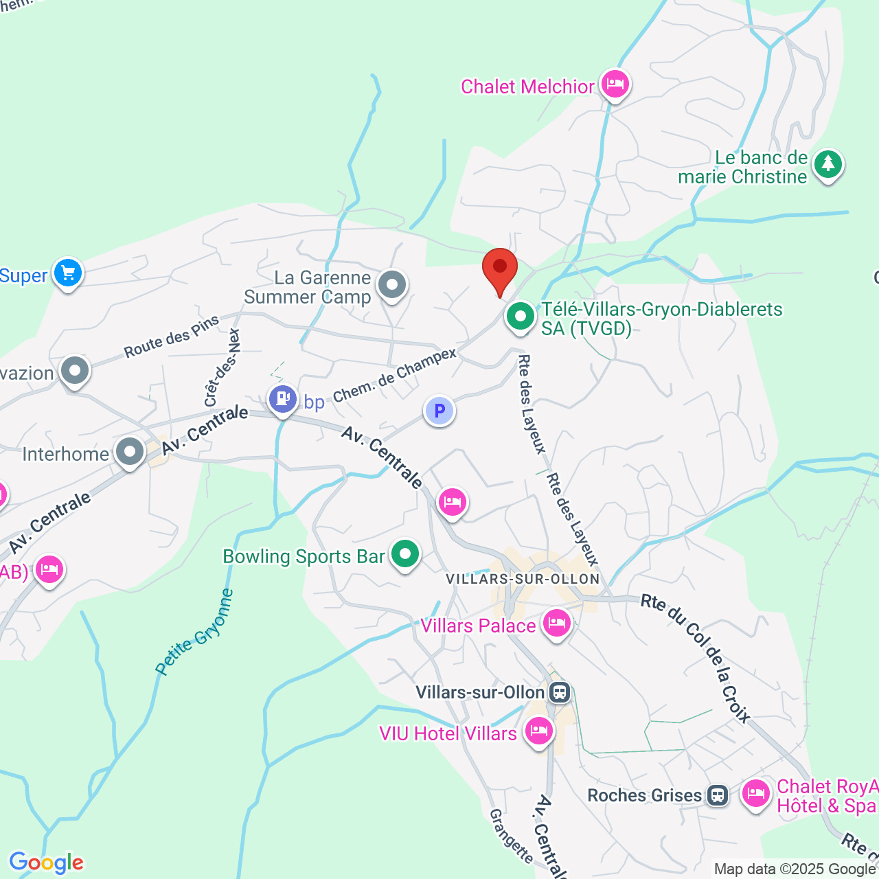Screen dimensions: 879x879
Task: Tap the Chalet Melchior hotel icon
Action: pyautogui.click(x=615, y=84)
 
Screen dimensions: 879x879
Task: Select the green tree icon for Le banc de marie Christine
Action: pyautogui.click(x=827, y=165)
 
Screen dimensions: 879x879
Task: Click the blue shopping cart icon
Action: pyautogui.click(x=67, y=273)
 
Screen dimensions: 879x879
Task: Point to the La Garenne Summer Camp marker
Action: pyautogui.click(x=392, y=284)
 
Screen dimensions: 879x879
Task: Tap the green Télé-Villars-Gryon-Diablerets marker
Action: pyautogui.click(x=520, y=317)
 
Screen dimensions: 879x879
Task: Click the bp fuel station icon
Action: pyautogui.click(x=282, y=398)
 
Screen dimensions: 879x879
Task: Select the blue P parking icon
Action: pyautogui.click(x=439, y=411)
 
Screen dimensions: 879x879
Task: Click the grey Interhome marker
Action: pyautogui.click(x=130, y=452)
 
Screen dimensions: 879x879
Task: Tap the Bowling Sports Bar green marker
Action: pyautogui.click(x=404, y=553)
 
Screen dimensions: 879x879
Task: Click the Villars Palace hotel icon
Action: pyautogui.click(x=556, y=624)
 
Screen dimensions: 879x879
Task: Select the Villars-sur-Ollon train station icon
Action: pyautogui.click(x=560, y=692)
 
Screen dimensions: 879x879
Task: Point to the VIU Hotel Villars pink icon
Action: pyautogui.click(x=538, y=731)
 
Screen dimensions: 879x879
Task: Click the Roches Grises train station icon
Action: pyautogui.click(x=718, y=795)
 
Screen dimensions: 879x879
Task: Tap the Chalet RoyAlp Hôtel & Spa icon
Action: pyautogui.click(x=755, y=794)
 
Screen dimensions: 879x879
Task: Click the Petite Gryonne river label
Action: pyautogui.click(x=194, y=632)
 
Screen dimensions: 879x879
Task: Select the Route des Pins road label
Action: pyautogui.click(x=171, y=336)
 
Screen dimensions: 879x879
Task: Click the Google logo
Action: pyautogui.click(x=46, y=863)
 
